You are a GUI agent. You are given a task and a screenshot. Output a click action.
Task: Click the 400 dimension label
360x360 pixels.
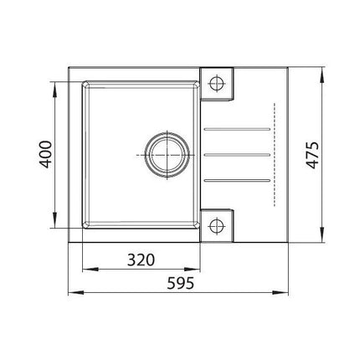pos(45,154)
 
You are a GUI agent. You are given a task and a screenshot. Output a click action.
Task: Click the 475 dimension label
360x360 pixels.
pos(312,155)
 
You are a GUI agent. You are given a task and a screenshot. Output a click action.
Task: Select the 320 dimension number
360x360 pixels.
pos(141,260)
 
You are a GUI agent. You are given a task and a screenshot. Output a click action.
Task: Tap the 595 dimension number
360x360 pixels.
pos(181,284)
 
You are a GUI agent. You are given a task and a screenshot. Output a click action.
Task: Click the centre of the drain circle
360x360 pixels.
pos(167,155)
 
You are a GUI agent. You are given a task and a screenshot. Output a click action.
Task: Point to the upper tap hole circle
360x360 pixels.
pos(217,83)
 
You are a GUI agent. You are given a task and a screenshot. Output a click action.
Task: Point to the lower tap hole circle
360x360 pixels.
pos(217,225)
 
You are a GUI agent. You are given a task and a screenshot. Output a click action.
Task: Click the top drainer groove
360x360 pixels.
pos(237,129)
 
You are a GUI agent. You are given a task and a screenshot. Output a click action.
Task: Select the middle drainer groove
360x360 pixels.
pos(237,155)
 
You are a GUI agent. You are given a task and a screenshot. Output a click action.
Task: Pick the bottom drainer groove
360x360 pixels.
pos(237,180)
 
